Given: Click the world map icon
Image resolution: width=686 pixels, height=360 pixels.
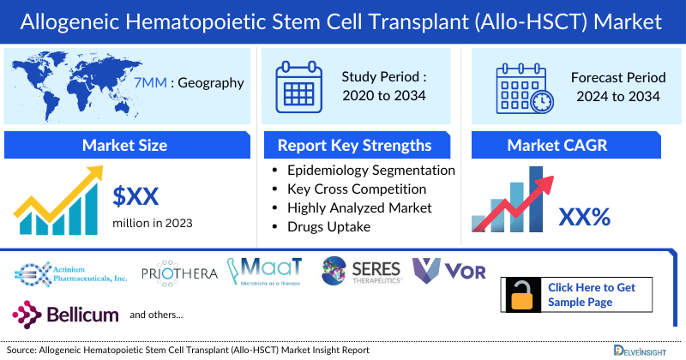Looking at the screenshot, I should tap(65, 84).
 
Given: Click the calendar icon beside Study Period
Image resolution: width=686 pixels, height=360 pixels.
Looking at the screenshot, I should tap(298, 87).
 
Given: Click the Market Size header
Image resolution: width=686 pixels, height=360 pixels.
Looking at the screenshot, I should tap(124, 145).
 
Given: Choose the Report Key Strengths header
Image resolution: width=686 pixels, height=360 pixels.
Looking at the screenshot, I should tap(355, 145).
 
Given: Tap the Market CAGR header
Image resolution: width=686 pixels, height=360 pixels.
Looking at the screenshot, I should tap(569, 145).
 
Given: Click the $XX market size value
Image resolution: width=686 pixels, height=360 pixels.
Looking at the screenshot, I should tap(136, 197).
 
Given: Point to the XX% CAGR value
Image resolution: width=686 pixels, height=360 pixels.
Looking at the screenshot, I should tap(584, 217).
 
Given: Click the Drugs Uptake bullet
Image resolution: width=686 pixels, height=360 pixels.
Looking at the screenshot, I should tap(329, 226).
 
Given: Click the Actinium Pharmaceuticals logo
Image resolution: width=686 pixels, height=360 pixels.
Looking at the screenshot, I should tap(71, 273).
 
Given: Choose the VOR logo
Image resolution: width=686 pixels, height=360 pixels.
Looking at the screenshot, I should tap(449, 272).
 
